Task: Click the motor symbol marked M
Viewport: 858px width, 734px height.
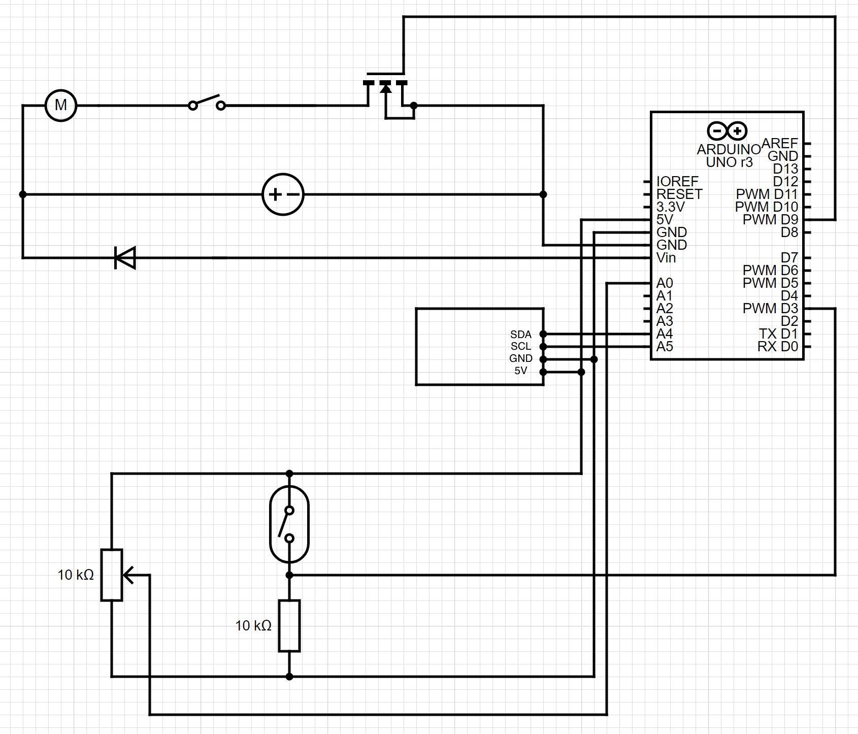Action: click(x=61, y=106)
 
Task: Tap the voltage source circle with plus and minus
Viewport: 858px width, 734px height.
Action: click(x=283, y=194)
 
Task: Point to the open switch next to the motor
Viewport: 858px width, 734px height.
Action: click(x=207, y=103)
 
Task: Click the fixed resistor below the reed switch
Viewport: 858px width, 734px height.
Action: click(x=289, y=625)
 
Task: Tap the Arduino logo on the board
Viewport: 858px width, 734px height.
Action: click(x=727, y=131)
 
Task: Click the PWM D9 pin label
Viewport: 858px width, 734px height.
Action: click(x=770, y=220)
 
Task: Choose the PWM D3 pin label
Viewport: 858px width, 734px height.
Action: click(x=770, y=309)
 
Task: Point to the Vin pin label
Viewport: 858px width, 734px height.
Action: click(x=666, y=258)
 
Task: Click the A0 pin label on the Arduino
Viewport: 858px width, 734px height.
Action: click(x=665, y=283)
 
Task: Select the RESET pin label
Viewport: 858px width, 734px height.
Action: click(x=679, y=194)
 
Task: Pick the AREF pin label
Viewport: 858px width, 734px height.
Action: click(x=780, y=144)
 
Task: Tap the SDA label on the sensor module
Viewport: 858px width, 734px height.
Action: click(x=521, y=335)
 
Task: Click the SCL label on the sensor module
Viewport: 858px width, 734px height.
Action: click(x=521, y=346)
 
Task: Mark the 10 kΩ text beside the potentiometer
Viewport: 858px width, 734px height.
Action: click(x=76, y=575)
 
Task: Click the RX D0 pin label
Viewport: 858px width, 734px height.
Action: click(x=778, y=347)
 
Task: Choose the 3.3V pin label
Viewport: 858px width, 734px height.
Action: click(x=670, y=207)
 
